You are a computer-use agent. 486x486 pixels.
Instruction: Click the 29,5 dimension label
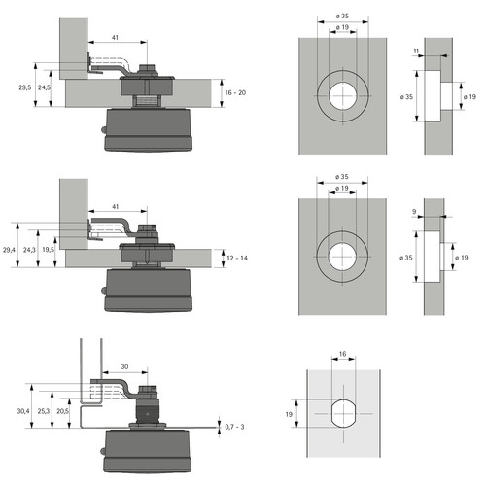[x=25, y=87]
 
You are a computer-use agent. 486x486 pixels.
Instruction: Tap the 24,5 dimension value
[x=44, y=87]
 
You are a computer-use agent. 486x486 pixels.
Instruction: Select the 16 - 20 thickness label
[x=235, y=93]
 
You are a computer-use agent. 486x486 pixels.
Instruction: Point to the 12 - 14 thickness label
[x=237, y=259]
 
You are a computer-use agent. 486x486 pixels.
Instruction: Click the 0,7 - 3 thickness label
[x=234, y=427]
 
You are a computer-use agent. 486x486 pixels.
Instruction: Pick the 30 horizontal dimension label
[x=124, y=366]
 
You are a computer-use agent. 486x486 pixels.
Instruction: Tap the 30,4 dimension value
[x=23, y=411]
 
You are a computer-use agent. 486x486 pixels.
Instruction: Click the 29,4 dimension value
[x=10, y=250]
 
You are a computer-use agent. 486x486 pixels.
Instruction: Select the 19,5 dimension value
[x=49, y=250]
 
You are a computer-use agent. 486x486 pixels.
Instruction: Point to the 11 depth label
[x=416, y=51]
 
